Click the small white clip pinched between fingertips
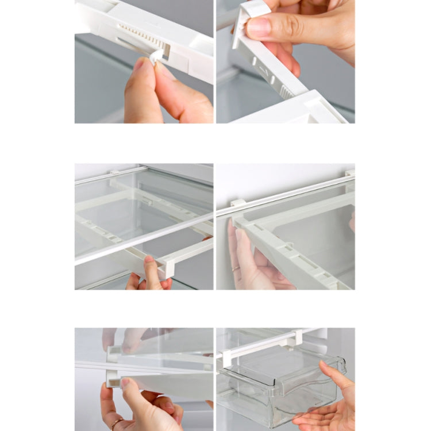point(156,56)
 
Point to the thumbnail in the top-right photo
point(259,25)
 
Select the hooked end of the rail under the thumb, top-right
point(244,23)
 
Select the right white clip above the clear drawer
point(297,338)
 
